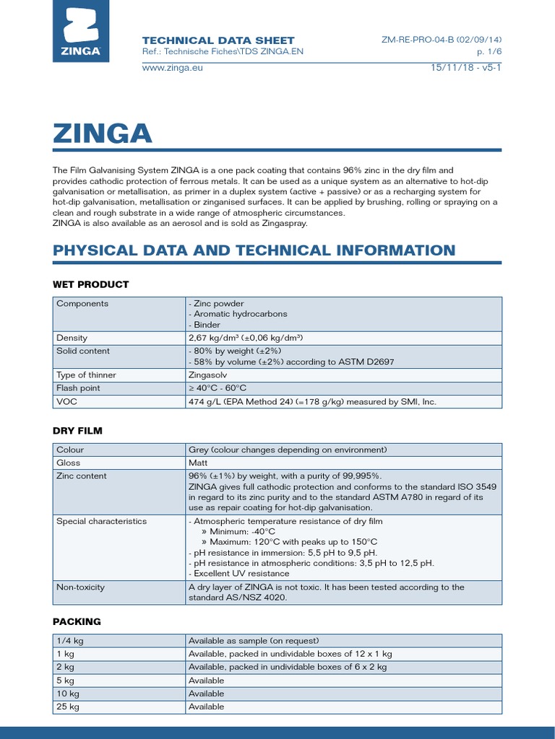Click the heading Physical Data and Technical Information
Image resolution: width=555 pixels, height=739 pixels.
pos(254,250)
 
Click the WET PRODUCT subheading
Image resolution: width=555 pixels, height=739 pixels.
pos(90,284)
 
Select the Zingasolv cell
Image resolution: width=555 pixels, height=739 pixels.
pos(210,375)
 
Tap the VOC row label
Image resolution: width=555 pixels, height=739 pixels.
pos(66,401)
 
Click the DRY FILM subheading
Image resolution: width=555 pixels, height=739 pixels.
pos(77,431)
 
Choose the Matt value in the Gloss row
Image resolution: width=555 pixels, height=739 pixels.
pos(198,463)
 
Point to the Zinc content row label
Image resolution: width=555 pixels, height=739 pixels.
pos(81,476)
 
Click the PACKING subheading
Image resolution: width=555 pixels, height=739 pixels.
pos(77,621)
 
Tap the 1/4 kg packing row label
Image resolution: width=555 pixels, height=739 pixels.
pos(69,641)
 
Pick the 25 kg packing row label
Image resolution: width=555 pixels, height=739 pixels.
pos(67,707)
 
